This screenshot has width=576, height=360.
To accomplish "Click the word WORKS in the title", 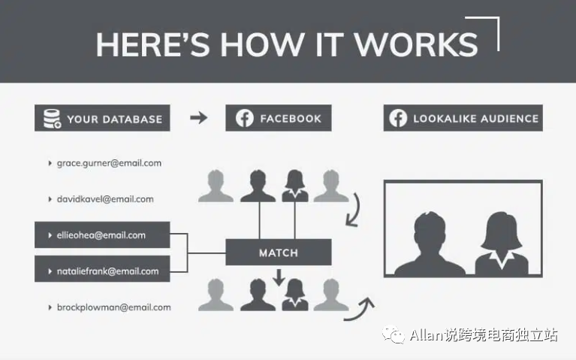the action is pyautogui.click(x=415, y=44).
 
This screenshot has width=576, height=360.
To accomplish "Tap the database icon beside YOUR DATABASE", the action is pyautogui.click(x=52, y=119).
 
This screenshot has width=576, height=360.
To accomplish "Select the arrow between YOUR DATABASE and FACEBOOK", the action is pyautogui.click(x=199, y=118).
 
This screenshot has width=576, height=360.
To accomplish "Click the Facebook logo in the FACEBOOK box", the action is pyautogui.click(x=245, y=118).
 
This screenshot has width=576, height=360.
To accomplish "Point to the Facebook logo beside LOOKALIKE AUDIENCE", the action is pyautogui.click(x=398, y=118).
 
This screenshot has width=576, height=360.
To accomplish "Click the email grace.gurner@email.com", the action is pyautogui.click(x=109, y=163).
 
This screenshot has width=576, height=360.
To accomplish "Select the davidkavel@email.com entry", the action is pyautogui.click(x=105, y=199).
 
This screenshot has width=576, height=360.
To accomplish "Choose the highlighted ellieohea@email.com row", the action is pyautogui.click(x=102, y=235).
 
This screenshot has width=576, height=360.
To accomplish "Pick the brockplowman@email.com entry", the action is pyautogui.click(x=114, y=307).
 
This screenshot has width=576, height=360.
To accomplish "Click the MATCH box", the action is pyautogui.click(x=279, y=253).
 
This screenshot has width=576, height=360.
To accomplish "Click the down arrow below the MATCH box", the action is pyautogui.click(x=279, y=277).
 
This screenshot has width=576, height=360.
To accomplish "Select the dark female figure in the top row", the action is pyautogui.click(x=295, y=186).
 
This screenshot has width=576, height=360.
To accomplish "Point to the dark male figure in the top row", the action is pyautogui.click(x=258, y=186).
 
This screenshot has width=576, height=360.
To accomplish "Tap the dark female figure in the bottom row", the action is pyautogui.click(x=295, y=295).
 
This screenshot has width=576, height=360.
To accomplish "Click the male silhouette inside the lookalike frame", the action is pyautogui.click(x=430, y=244).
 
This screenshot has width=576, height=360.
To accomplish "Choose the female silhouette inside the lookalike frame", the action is pyautogui.click(x=502, y=244).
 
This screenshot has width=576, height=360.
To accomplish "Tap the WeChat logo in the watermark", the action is pyautogui.click(x=394, y=334).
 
